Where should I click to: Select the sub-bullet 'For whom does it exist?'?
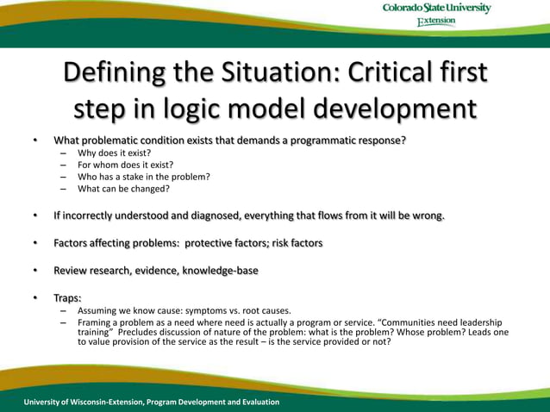pyautogui.click(x=125, y=164)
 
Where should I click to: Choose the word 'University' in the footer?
pyautogui.click(x=47, y=402)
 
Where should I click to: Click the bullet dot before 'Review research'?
pyautogui.click(x=36, y=271)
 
